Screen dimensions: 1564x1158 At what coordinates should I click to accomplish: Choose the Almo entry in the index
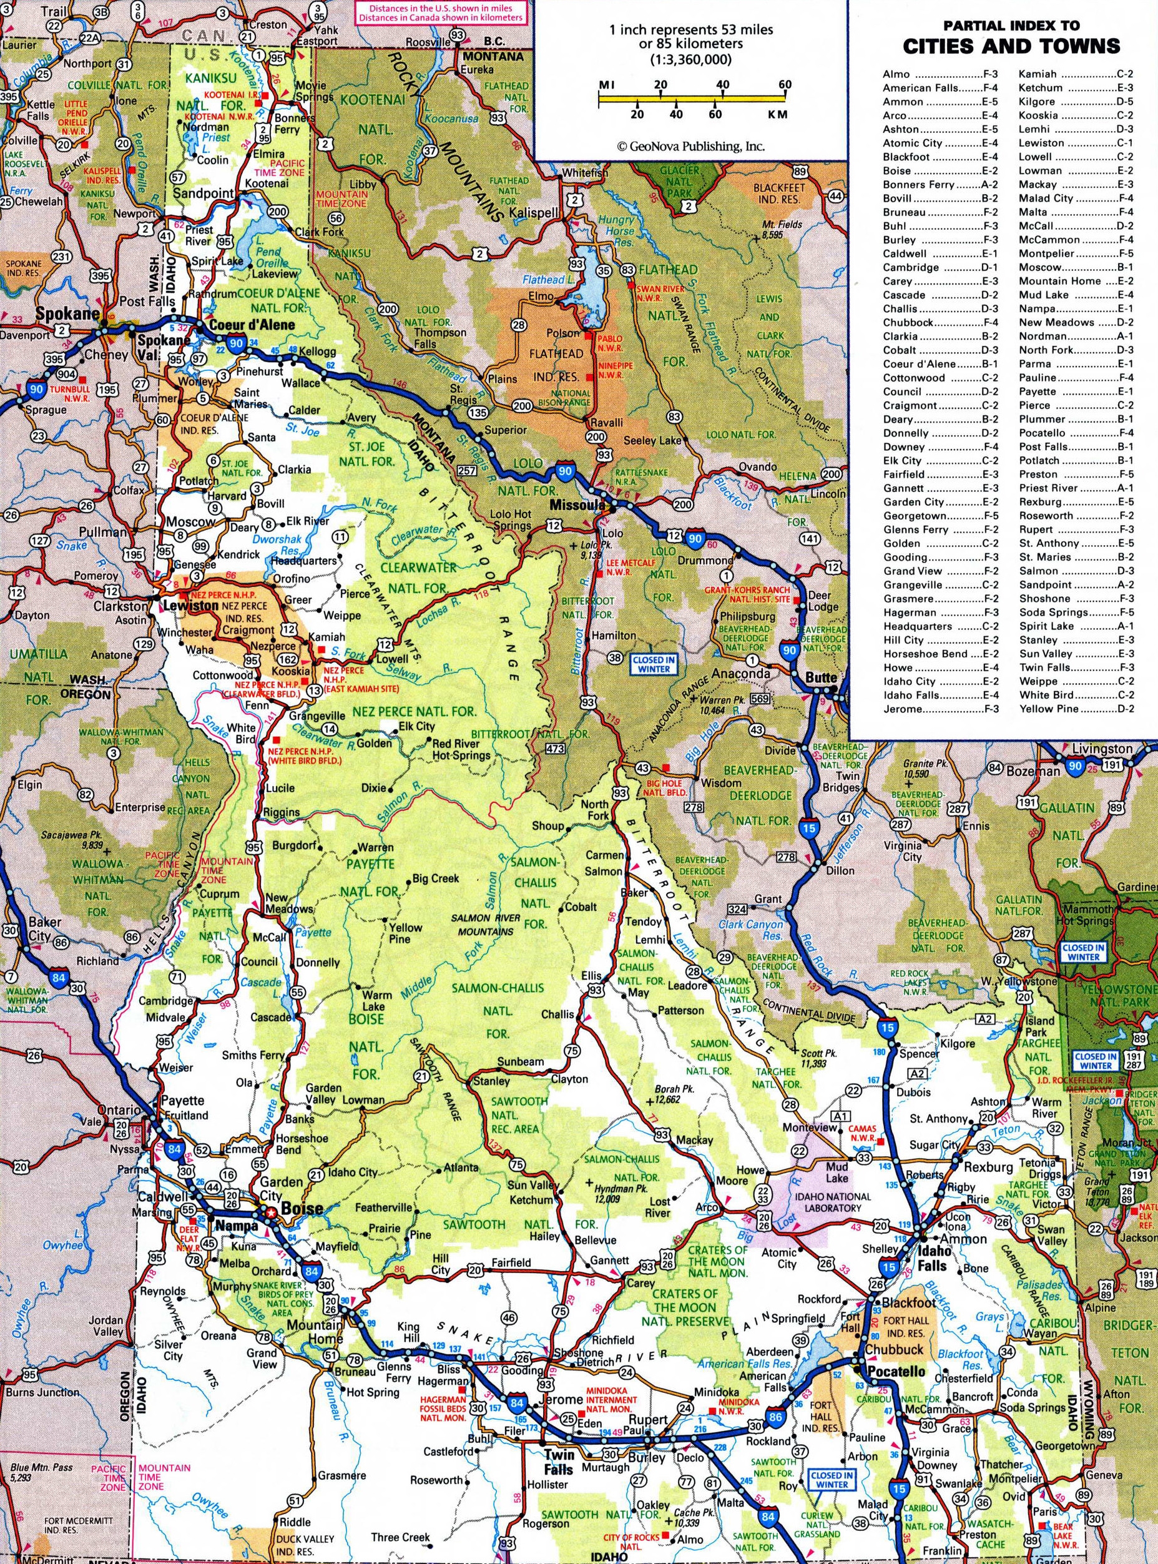[896, 74]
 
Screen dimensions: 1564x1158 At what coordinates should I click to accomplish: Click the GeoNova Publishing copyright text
[690, 147]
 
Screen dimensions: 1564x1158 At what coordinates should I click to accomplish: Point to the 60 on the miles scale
[785, 85]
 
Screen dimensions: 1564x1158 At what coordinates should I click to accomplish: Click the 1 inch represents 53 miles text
[690, 30]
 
